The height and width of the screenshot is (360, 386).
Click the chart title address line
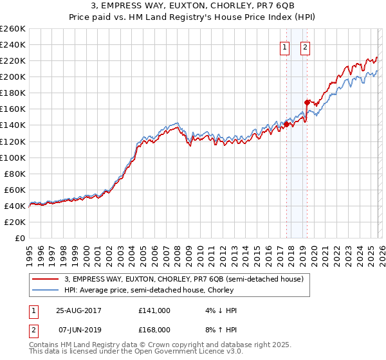pyautogui.click(x=193, y=6)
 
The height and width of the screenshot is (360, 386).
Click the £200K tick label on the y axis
pyautogui.click(x=13, y=76)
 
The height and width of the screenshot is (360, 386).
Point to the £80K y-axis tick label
pyautogui.click(x=14, y=174)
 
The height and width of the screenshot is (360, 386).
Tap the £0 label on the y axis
pyautogui.click(x=19, y=238)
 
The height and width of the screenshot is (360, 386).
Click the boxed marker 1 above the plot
pyautogui.click(x=284, y=47)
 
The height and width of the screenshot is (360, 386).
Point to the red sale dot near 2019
pyautogui.click(x=307, y=102)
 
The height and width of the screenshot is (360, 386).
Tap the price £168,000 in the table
pyautogui.click(x=154, y=329)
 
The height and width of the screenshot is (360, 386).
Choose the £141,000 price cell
pyautogui.click(x=154, y=310)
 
